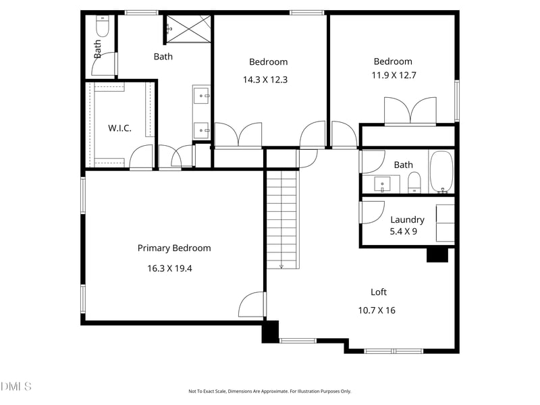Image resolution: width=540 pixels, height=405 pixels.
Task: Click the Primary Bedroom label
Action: [x=174, y=248]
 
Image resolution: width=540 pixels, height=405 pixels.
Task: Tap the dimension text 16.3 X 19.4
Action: [x=169, y=269]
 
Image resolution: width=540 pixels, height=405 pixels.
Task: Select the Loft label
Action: [x=379, y=292]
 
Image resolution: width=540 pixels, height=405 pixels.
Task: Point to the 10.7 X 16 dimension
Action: [x=376, y=310]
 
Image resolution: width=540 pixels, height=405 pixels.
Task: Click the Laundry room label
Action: [x=407, y=219]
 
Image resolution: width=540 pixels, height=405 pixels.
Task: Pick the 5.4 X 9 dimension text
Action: [x=404, y=232]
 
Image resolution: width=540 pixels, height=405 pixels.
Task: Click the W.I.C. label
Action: [x=119, y=128]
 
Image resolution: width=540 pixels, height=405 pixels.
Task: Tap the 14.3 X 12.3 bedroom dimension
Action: [x=265, y=80]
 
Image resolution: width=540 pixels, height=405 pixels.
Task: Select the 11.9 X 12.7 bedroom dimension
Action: [x=394, y=76]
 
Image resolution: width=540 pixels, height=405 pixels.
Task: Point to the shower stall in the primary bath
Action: [x=188, y=29]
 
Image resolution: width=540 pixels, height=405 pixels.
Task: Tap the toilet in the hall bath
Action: [x=414, y=182]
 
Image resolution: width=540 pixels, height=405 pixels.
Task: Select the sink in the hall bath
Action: [x=383, y=184]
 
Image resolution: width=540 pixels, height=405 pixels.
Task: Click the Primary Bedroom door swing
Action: [x=252, y=305]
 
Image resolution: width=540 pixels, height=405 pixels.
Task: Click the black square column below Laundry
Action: [x=437, y=254]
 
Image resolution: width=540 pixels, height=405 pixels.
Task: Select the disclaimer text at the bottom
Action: [x=269, y=391]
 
